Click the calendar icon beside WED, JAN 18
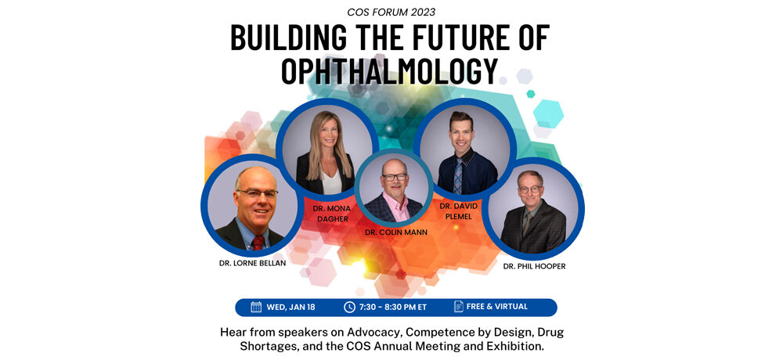pyautogui.click(x=256, y=307)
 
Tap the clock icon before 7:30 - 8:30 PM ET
pyautogui.click(x=349, y=307)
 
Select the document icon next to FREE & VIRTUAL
pyautogui.click(x=458, y=307)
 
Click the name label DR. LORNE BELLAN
pyautogui.click(x=253, y=263)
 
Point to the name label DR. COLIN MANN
pyautogui.click(x=396, y=232)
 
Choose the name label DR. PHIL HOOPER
pyautogui.click(x=535, y=266)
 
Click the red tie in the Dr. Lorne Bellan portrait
pyautogui.click(x=258, y=243)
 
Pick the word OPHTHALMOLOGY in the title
pyautogui.click(x=390, y=71)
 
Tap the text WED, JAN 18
pyautogui.click(x=290, y=308)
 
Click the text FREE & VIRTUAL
pyautogui.click(x=497, y=307)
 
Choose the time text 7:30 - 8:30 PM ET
pyautogui.click(x=393, y=308)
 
